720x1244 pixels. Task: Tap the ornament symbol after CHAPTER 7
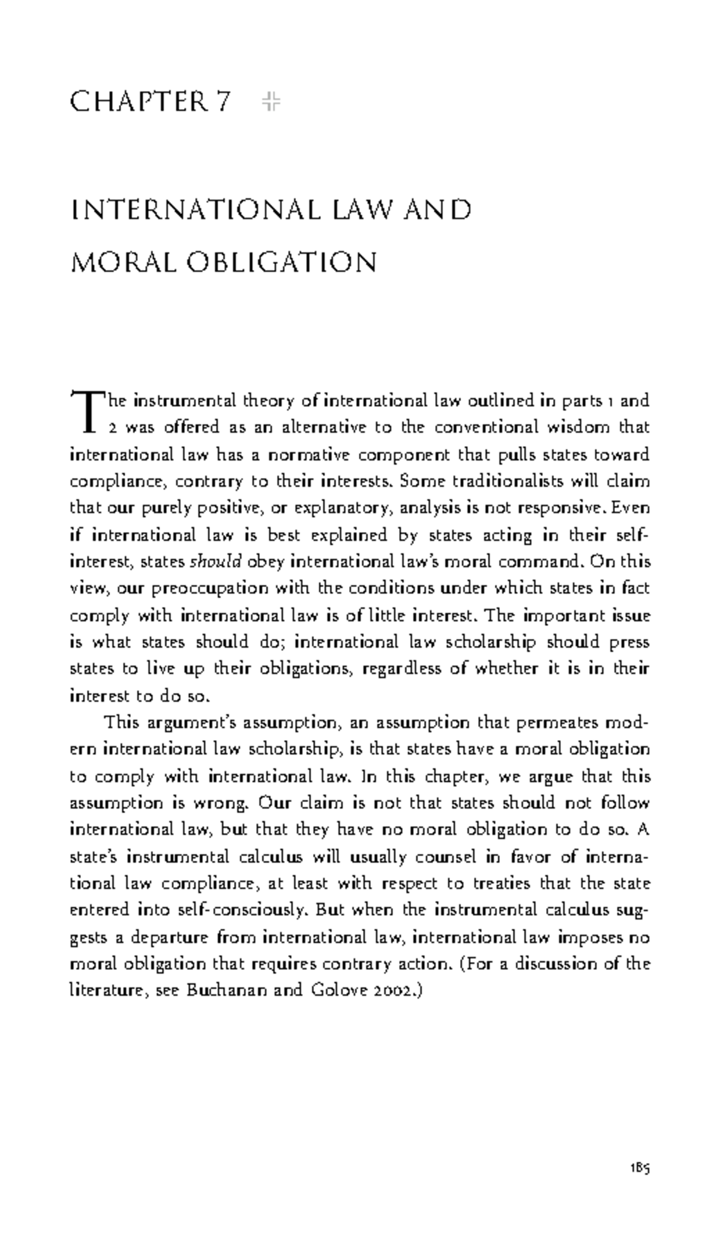(x=271, y=102)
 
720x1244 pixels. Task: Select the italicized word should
(x=215, y=562)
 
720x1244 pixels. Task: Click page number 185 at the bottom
(x=640, y=1168)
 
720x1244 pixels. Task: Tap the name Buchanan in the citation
(x=227, y=990)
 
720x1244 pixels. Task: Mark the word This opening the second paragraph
(x=122, y=722)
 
